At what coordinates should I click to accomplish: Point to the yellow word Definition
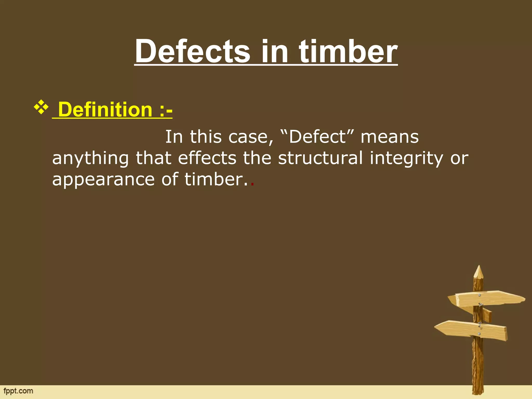105,110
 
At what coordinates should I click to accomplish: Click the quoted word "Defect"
317,137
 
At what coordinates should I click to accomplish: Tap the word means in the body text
390,137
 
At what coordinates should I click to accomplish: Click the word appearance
103,180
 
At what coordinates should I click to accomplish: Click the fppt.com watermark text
18,391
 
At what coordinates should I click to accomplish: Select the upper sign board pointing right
488,299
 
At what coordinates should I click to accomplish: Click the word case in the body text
251,137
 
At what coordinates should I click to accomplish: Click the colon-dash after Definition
166,110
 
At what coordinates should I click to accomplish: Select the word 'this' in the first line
205,137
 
